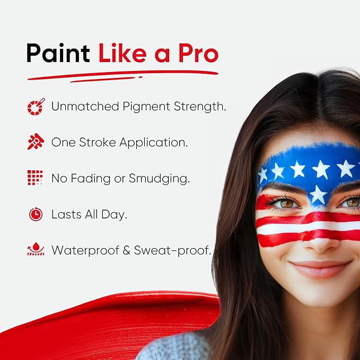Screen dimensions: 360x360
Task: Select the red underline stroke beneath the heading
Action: coord(122,76)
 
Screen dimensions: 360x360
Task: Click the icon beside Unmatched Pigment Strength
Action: coord(36,107)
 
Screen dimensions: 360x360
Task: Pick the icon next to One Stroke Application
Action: coord(36,142)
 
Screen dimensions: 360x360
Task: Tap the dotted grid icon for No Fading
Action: coord(36,178)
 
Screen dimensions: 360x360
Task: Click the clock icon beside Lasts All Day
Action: coord(36,214)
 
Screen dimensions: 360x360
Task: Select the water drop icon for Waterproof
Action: coord(36,250)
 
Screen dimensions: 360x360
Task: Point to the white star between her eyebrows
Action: coord(318,195)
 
